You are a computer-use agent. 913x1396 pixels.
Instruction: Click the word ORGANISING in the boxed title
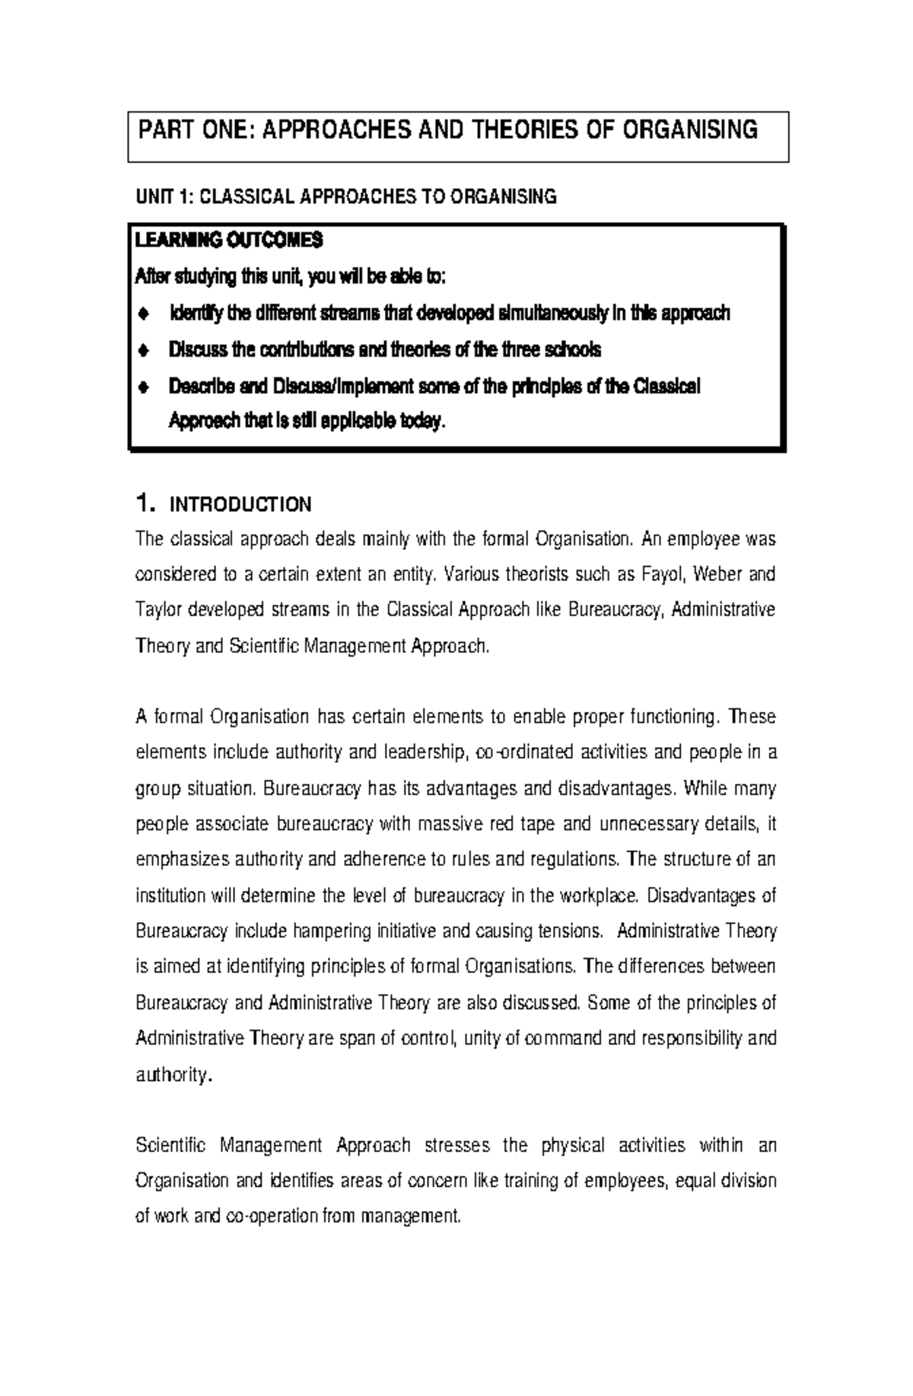690,130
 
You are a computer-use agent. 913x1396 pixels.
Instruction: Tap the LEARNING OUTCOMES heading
228,241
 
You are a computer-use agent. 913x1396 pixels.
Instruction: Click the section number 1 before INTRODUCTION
142,504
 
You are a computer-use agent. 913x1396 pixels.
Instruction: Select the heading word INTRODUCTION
240,505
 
